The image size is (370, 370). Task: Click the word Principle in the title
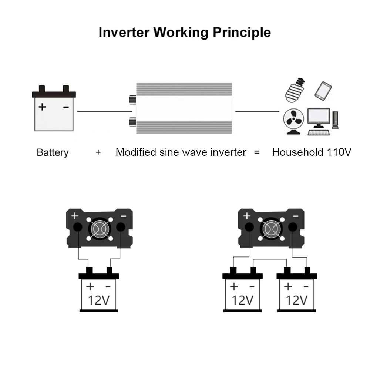(241, 32)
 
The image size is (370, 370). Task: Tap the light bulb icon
(295, 90)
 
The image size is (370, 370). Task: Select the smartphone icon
(323, 90)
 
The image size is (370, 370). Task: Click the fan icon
(294, 120)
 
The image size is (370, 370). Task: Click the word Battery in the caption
(53, 152)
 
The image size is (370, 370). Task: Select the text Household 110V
(312, 152)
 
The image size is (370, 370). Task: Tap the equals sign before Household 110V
(257, 152)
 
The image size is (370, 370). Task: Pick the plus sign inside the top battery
(43, 107)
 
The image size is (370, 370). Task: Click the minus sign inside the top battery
(66, 107)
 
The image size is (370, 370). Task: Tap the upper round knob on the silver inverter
(131, 100)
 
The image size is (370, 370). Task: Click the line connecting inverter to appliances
(257, 111)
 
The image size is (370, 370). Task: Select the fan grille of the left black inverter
(99, 229)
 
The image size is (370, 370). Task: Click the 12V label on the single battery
(98, 300)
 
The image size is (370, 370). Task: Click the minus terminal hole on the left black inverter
(121, 227)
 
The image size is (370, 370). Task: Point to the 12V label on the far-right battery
(297, 300)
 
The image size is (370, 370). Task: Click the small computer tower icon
(335, 120)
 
